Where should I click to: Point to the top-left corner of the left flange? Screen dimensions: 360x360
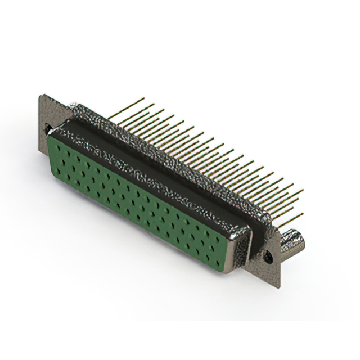(40, 95)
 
